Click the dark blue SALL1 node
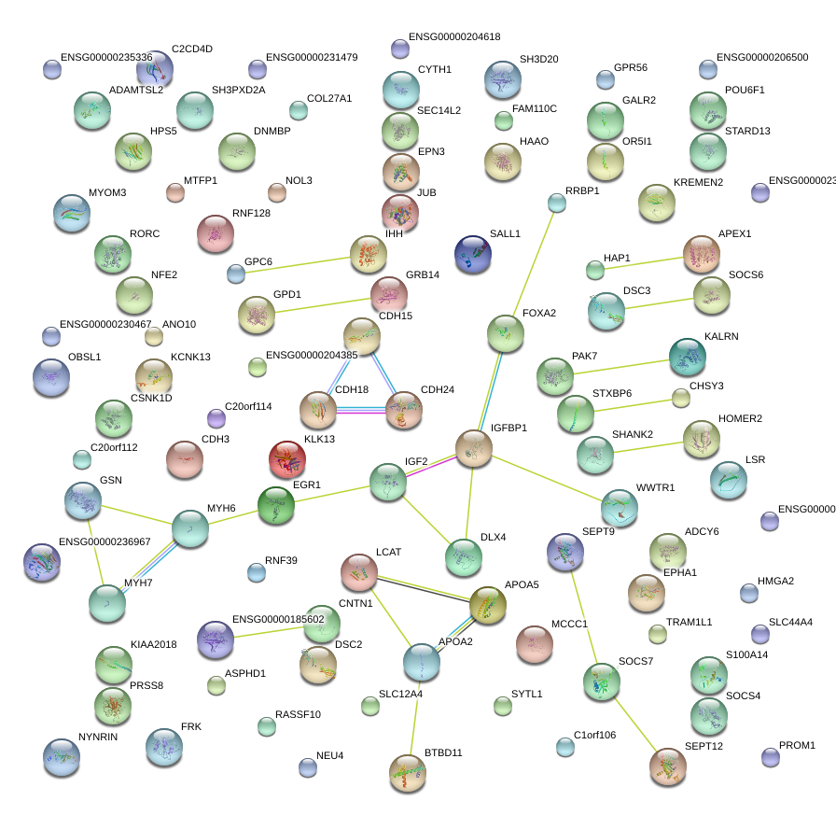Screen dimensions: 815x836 point(473,255)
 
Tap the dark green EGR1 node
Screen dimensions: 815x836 point(275,505)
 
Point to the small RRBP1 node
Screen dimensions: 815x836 point(557,203)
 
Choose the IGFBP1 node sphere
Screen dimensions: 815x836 point(474,449)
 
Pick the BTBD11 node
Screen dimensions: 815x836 point(407,772)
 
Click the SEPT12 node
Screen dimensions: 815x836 point(667,766)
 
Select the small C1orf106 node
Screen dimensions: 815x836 point(565,747)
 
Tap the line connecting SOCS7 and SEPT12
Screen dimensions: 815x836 point(634,725)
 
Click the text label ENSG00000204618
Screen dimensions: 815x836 point(454,37)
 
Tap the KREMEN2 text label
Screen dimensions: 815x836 point(698,182)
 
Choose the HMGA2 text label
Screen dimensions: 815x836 point(775,581)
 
